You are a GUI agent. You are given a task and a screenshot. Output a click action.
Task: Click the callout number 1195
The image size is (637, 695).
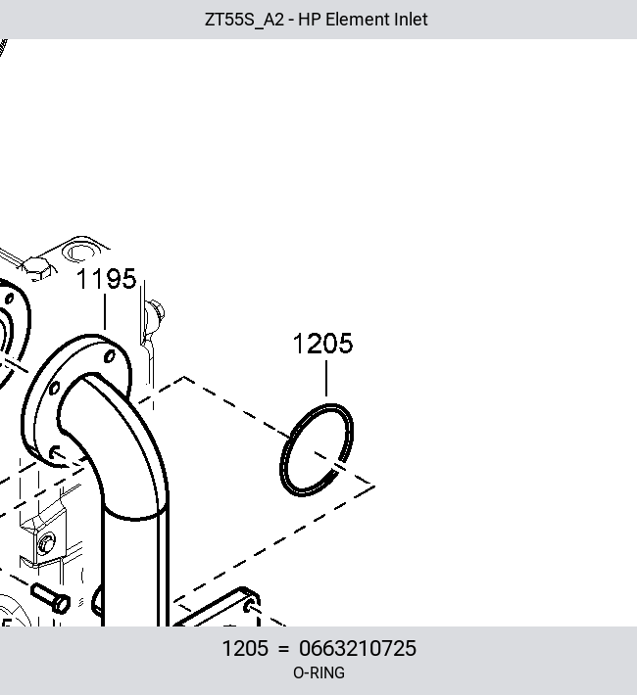point(107,279)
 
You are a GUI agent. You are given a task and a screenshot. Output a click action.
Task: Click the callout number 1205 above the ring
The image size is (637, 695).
point(322,344)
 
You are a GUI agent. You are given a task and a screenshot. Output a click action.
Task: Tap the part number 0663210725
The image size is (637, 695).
point(358,648)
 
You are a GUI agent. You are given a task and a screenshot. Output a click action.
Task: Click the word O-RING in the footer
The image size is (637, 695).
point(318,672)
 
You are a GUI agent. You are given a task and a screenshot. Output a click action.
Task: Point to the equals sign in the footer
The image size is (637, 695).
point(283,649)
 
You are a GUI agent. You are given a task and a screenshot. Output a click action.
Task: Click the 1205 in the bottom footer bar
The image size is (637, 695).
point(245,648)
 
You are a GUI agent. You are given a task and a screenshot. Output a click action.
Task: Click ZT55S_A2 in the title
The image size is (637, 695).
point(244,20)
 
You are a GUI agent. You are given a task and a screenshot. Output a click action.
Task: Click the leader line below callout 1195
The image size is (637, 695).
point(105,312)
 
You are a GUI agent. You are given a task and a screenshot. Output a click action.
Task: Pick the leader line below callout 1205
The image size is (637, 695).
point(326,378)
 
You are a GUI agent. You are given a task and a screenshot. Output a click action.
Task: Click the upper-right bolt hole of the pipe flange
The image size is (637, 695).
point(110,356)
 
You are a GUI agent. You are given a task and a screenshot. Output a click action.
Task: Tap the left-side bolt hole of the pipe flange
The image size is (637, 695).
point(54,389)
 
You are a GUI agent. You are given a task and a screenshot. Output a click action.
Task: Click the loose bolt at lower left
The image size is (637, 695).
point(51,598)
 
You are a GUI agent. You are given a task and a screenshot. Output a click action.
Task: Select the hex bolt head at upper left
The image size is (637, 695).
point(39,268)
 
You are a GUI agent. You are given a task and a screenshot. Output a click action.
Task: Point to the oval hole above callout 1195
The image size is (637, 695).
point(80,252)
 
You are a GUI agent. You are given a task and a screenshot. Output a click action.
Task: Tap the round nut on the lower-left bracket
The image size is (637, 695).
point(46,544)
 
